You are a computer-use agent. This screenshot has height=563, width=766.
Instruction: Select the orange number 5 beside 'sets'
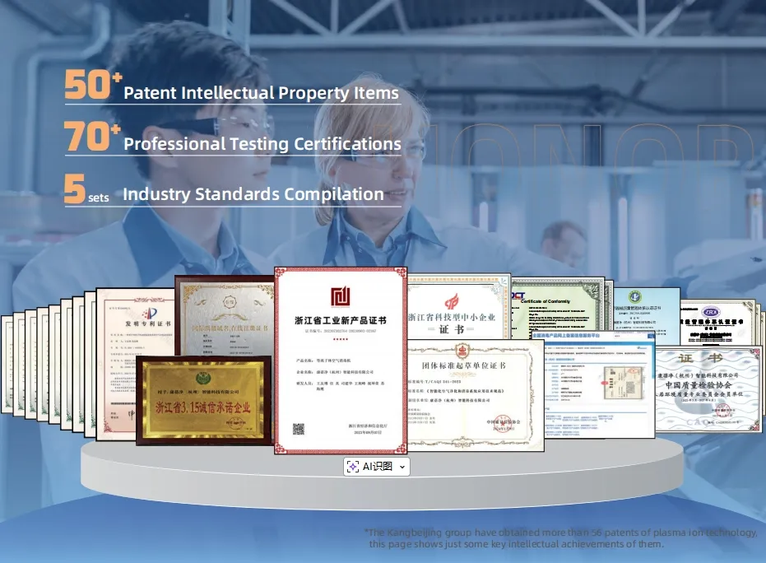pyautogui.click(x=74, y=189)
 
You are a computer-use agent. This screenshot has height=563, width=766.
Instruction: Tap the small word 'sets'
pyautogui.click(x=99, y=198)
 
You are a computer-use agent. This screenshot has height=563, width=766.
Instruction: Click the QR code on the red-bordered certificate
pyautogui.click(x=298, y=429)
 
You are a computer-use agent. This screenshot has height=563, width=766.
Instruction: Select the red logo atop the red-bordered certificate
pyautogui.click(x=341, y=296)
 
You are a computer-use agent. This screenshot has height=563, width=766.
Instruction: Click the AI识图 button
pyautogui.click(x=370, y=467)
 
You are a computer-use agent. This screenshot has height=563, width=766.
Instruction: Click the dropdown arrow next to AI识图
pyautogui.click(x=402, y=467)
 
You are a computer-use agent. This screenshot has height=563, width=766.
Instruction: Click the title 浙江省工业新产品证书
pyautogui.click(x=340, y=319)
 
